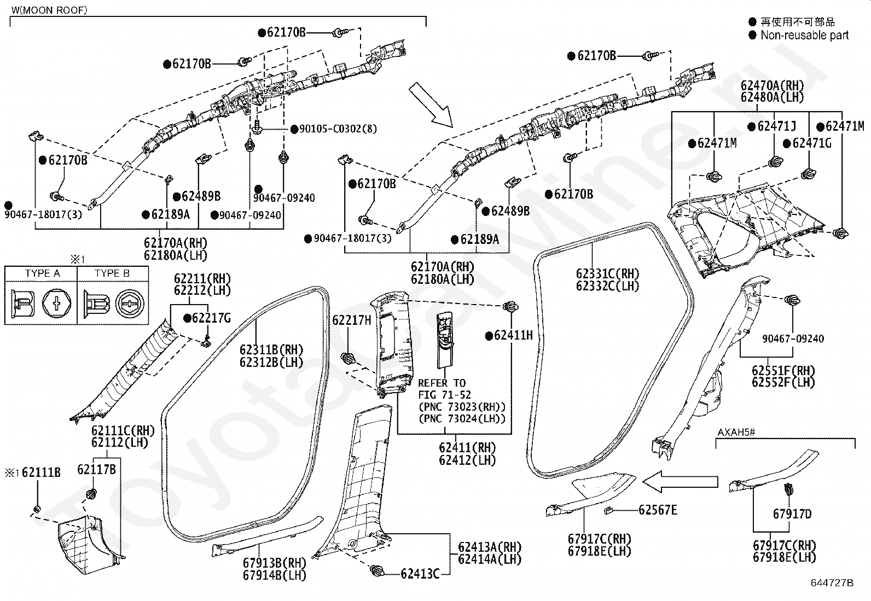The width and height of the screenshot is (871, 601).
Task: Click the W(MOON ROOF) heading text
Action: pyautogui.click(x=49, y=10)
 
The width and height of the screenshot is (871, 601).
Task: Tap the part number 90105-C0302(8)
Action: pyautogui.click(x=338, y=129)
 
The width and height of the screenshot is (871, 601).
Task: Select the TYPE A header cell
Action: pyautogui.click(x=42, y=273)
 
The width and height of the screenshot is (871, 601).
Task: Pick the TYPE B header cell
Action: pyautogui.click(x=112, y=273)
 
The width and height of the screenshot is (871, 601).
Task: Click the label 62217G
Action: pyautogui.click(x=211, y=318)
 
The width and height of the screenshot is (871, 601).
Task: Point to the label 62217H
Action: pyautogui.click(x=351, y=320)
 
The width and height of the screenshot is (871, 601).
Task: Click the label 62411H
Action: pyautogui.click(x=513, y=335)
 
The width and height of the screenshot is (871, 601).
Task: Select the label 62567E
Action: pyautogui.click(x=658, y=510)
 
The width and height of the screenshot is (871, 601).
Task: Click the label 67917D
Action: pyautogui.click(x=792, y=514)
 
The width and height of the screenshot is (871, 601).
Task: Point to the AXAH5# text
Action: pyautogui.click(x=736, y=432)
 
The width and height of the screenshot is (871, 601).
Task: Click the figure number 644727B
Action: pyautogui.click(x=832, y=582)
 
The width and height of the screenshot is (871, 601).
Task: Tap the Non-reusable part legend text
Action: pyautogui.click(x=804, y=35)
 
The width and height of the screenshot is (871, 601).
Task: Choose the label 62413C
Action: pyautogui.click(x=420, y=574)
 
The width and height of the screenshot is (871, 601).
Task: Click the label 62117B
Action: pyautogui.click(x=96, y=469)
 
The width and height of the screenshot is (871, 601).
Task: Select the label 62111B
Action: pyautogui.click(x=41, y=472)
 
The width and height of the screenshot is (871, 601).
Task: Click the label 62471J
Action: pyautogui.click(x=776, y=126)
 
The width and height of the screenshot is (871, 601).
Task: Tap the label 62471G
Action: pyautogui.click(x=812, y=143)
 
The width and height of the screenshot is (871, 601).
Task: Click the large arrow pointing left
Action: pyautogui.click(x=680, y=482)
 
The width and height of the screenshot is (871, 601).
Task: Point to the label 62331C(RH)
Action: pyautogui.click(x=608, y=273)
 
